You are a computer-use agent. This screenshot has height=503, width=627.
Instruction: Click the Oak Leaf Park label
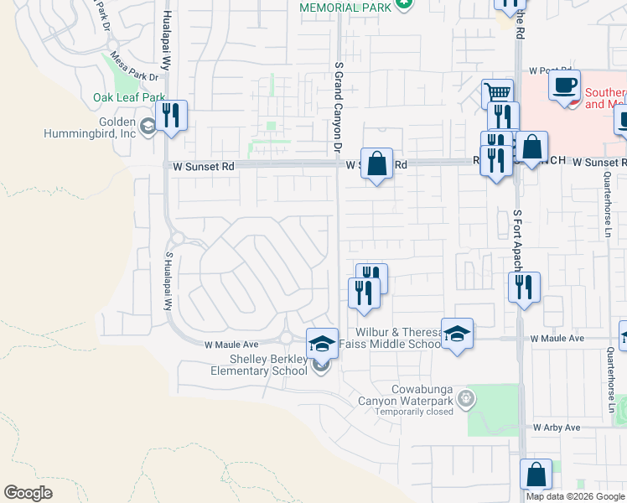[129, 97]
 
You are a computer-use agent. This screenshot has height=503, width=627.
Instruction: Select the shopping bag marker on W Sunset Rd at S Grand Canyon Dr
[377, 162]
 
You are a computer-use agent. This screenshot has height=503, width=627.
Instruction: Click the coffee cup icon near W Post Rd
[565, 86]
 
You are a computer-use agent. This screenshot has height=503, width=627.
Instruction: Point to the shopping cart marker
[498, 93]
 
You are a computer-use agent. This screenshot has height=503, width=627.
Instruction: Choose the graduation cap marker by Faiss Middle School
[457, 333]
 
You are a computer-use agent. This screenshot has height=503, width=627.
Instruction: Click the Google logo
[28, 493]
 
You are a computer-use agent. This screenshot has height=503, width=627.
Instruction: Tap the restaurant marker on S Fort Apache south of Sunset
[524, 287]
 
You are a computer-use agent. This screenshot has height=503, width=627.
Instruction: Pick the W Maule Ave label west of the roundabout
[231, 344]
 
